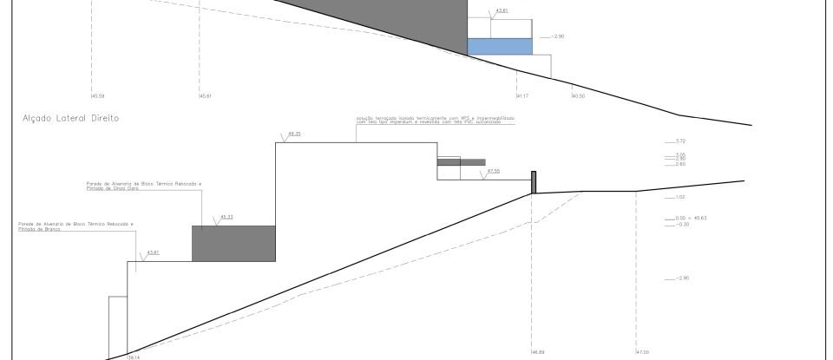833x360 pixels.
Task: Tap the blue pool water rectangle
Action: (x=499, y=47)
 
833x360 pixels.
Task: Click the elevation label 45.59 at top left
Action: (x=97, y=95)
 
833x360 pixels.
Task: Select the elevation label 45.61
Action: (x=206, y=95)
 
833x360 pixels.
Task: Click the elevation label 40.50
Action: (x=578, y=95)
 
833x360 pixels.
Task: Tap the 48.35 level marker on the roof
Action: (x=293, y=134)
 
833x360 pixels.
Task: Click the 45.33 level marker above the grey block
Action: (x=227, y=216)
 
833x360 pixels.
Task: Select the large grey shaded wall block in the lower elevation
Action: (x=233, y=243)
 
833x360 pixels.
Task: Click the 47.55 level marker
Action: (x=494, y=171)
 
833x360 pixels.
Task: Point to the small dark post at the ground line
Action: (x=535, y=182)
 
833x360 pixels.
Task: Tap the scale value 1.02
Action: (x=680, y=197)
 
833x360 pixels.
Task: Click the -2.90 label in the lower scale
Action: (x=680, y=278)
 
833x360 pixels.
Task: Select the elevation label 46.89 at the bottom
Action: (x=537, y=351)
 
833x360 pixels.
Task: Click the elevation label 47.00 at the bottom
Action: (x=642, y=351)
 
